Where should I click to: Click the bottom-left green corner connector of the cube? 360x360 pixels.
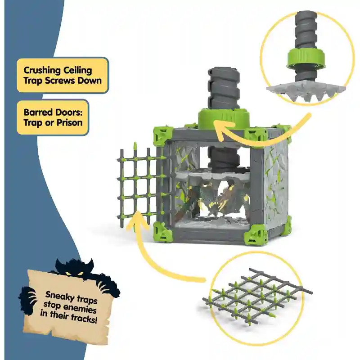(x=162, y=232)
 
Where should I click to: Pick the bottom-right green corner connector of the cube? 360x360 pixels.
(x=258, y=234)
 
